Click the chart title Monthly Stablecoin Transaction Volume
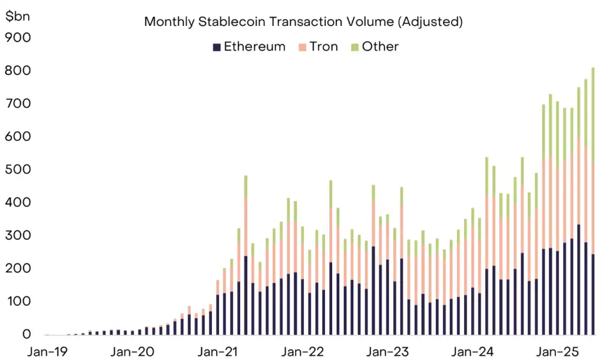click(x=303, y=22)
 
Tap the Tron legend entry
click(x=319, y=47)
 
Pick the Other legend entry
click(x=375, y=47)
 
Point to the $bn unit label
click(x=18, y=16)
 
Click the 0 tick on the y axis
click(x=25, y=334)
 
